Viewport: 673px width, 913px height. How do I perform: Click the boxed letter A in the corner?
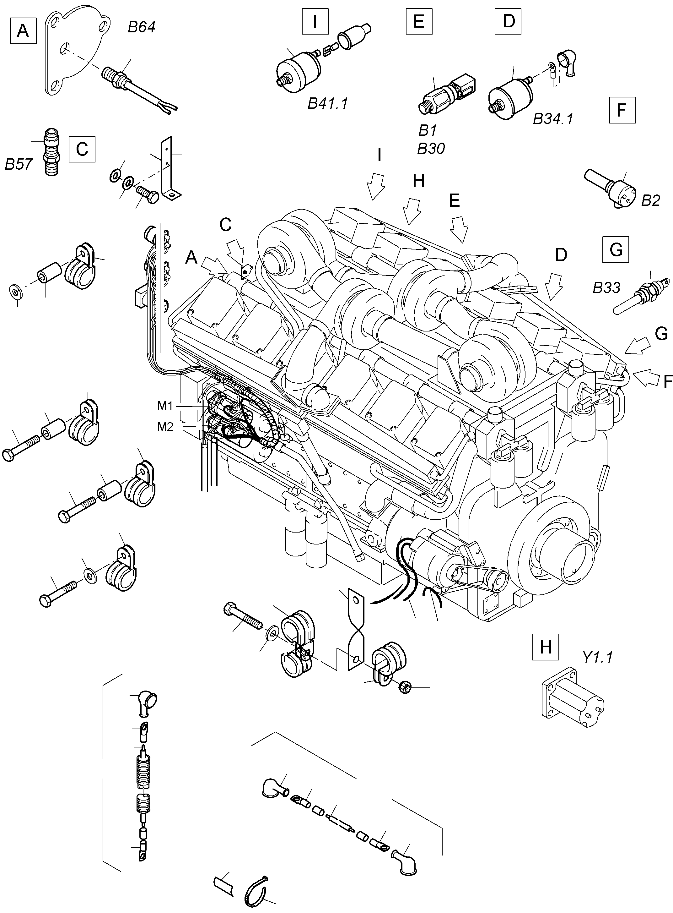click(23, 30)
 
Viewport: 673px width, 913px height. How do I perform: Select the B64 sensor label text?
click(141, 27)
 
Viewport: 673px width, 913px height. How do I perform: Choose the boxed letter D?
click(508, 21)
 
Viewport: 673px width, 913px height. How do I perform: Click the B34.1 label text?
click(553, 119)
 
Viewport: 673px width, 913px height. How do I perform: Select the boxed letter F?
click(622, 110)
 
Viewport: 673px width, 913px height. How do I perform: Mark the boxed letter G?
click(616, 249)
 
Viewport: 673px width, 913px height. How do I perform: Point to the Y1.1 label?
click(597, 657)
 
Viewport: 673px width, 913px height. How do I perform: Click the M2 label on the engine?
click(165, 427)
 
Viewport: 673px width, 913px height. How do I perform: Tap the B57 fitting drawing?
click(52, 152)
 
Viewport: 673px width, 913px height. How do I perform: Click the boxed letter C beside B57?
click(82, 149)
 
